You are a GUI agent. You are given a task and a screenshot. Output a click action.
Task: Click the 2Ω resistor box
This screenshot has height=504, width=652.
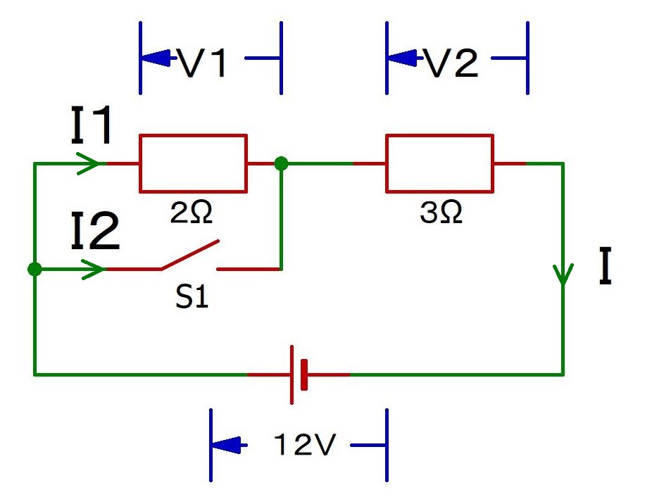tap(194, 163)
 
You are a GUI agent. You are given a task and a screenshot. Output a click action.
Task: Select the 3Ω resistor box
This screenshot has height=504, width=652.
tap(439, 163)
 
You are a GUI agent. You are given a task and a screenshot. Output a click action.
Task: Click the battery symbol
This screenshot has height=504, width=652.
tap(299, 374)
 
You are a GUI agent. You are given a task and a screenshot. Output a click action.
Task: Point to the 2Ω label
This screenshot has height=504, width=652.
tap(192, 213)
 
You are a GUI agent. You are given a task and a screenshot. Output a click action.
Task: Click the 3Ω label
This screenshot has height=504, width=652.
tap(441, 213)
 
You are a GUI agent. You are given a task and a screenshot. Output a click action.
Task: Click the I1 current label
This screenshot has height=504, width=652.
tap(92, 127)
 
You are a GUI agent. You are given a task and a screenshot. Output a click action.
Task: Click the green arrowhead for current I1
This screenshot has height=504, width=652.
tap(87, 164)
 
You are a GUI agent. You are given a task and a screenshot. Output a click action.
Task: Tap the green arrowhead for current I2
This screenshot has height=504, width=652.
tap(87, 269)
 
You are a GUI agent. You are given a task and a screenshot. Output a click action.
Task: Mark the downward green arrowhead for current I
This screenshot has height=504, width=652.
tap(563, 275)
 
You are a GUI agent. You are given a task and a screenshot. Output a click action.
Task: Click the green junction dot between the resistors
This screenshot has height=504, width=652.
tap(281, 164)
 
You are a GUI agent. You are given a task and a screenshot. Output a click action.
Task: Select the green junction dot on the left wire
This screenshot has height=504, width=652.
tap(34, 269)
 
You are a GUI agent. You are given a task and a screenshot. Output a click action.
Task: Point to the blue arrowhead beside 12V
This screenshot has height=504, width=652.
tap(227, 446)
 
